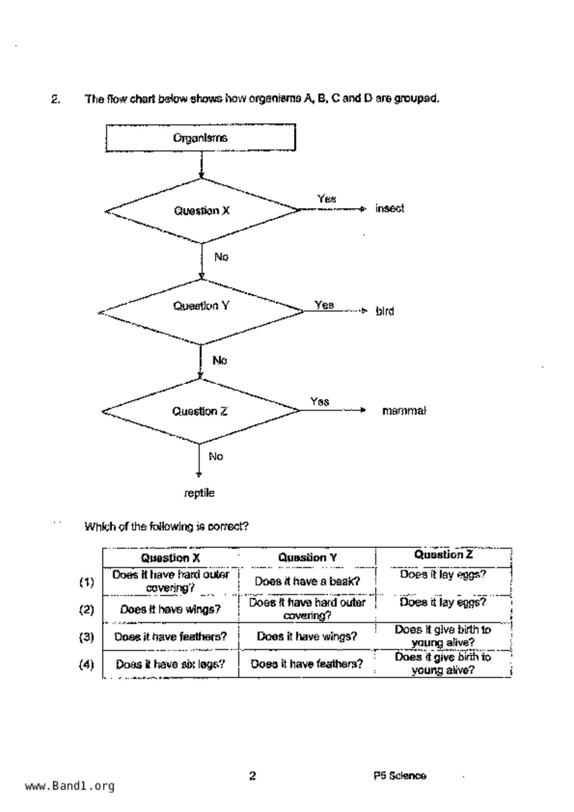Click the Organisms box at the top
tap(200, 137)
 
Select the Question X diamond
tap(202, 211)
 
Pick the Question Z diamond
tap(200, 411)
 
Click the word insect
tap(390, 209)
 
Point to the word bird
tap(385, 311)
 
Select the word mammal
tap(404, 411)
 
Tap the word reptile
tap(199, 493)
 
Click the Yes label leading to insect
tap(326, 199)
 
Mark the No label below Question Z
tap(215, 456)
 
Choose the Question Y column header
tap(307, 557)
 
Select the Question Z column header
tap(443, 555)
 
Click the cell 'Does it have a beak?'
tap(307, 581)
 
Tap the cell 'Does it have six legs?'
tap(170, 664)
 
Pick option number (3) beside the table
tap(86, 637)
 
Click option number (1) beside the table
tap(86, 582)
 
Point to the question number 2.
tap(55, 99)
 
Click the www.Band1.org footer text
tap(69, 786)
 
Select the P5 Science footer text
tap(400, 776)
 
